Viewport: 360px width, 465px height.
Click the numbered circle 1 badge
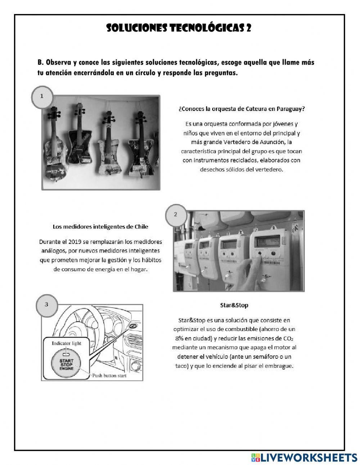[x=42, y=97]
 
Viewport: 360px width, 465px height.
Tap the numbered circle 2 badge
[x=175, y=215]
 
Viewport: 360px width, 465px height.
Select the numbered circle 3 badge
[x=46, y=304]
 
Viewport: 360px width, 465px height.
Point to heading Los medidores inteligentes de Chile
[x=100, y=227]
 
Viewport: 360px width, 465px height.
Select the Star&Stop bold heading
[x=234, y=305]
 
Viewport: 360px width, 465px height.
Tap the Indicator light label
[x=67, y=343]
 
